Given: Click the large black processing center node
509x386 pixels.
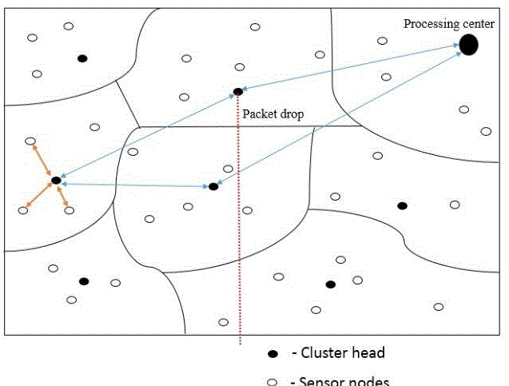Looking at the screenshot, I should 468,45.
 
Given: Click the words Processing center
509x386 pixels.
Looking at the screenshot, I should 448,23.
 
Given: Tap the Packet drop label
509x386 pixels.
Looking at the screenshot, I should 272,113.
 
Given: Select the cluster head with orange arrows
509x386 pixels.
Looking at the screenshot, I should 56,181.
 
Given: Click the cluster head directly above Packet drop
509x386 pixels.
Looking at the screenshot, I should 237,92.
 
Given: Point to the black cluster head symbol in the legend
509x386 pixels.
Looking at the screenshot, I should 272,353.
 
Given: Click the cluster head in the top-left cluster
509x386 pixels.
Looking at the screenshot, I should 82,58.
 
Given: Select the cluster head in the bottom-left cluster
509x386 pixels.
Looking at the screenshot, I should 83,281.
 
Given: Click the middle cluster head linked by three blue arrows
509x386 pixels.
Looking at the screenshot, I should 213,186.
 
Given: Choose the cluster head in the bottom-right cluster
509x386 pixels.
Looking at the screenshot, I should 330,285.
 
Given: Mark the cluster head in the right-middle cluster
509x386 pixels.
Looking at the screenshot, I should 402,206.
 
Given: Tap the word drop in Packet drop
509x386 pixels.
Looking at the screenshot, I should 290,113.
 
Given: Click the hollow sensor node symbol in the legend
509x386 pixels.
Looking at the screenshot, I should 272,381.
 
